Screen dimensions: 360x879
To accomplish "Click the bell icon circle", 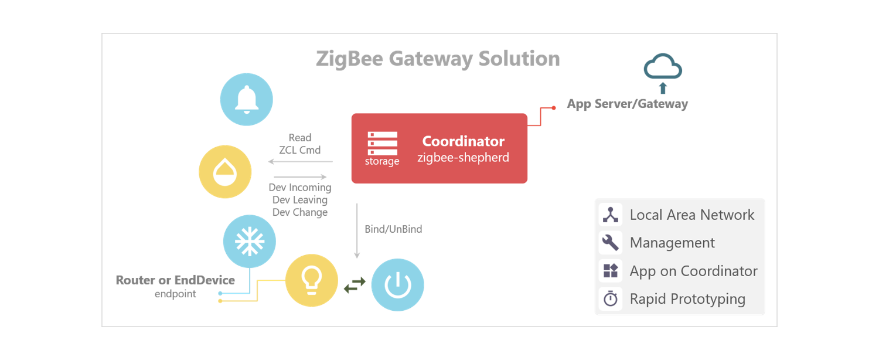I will (246, 99).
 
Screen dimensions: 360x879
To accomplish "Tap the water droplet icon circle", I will (225, 172).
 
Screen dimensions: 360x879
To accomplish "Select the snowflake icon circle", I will (249, 242).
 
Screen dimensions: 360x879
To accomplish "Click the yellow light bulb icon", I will (311, 280).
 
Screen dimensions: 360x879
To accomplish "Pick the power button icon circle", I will (397, 285).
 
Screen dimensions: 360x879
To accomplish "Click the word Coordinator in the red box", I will (463, 141).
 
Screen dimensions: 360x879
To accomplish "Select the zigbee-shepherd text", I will (463, 158).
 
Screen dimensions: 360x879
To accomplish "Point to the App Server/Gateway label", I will (627, 104).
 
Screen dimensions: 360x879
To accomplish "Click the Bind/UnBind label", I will (393, 229).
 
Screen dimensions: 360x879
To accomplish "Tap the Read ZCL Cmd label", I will (299, 144).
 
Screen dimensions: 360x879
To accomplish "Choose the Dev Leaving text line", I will (299, 200).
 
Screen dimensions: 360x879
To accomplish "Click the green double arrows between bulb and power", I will (355, 284).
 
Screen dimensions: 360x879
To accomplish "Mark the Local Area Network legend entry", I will (691, 215).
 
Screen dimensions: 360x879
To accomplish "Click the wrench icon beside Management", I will (611, 243).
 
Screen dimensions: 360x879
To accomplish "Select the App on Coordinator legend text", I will (693, 271).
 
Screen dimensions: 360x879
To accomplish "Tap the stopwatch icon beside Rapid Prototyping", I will (611, 299).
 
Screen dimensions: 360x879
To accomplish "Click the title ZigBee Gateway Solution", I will (438, 59).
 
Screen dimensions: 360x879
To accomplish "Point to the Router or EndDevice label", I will (175, 280).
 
